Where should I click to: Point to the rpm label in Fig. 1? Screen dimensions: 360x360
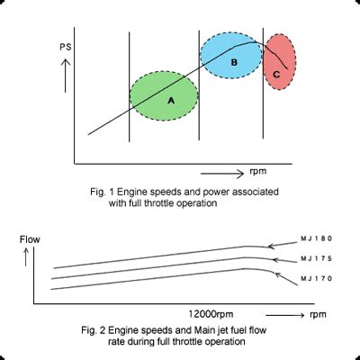click(258, 169)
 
